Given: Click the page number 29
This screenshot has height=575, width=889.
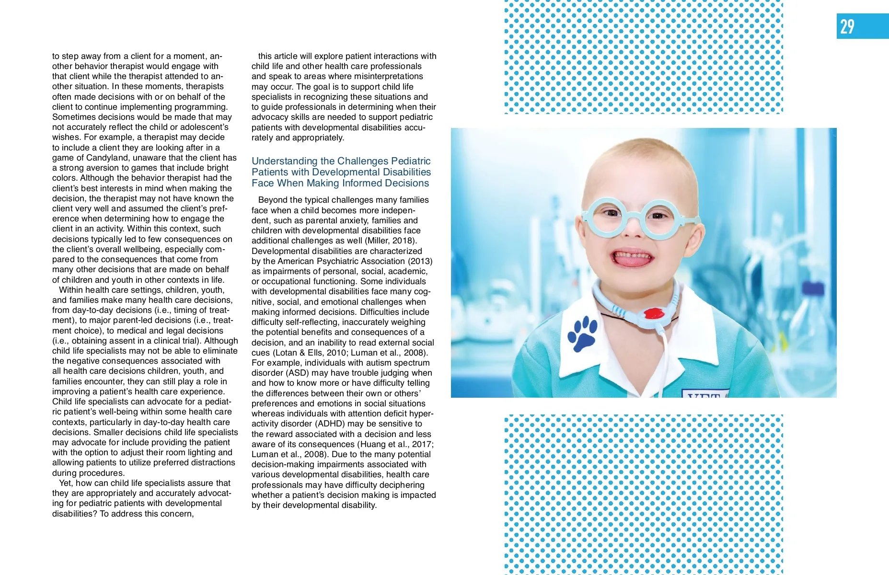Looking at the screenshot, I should tap(847, 26).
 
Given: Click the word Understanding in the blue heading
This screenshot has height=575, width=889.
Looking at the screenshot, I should tap(285, 161).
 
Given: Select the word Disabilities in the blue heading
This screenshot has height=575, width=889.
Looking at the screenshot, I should tap(407, 172).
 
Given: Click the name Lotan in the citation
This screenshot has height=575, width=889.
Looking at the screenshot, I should tap(286, 353).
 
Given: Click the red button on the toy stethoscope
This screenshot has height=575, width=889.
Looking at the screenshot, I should tap(652, 314).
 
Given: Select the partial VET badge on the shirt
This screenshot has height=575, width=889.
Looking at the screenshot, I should tap(704, 394).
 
